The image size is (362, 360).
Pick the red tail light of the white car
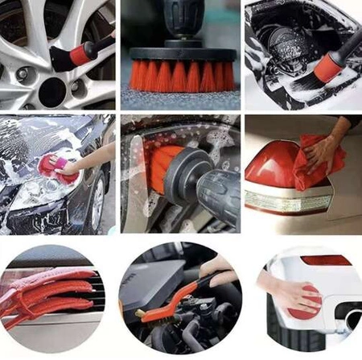pos(326,260)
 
